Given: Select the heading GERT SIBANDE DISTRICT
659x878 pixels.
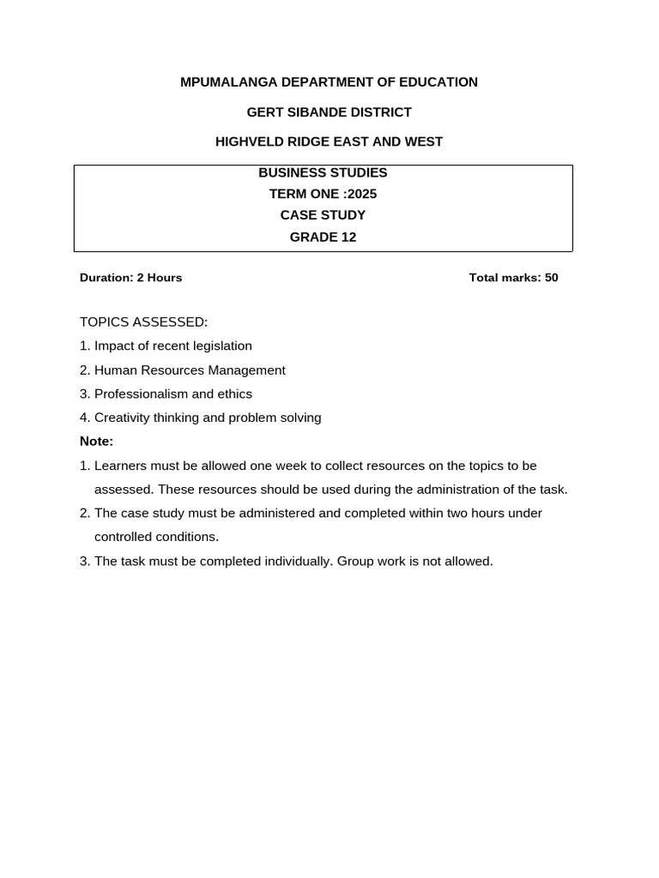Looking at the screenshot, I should coord(329,112).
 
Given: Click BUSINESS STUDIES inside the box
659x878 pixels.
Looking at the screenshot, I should coord(323,172).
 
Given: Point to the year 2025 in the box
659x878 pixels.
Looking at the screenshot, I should coord(361,194).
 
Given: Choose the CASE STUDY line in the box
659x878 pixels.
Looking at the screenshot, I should coord(323,215).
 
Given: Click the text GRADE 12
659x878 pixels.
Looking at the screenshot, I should coord(323,238).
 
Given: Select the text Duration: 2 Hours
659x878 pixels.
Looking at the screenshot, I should coord(130,278).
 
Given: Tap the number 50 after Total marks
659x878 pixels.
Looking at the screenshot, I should coord(551,278).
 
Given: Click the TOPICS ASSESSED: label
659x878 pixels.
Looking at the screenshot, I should coord(143,322).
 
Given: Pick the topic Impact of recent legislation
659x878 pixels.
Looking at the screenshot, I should coord(173,346).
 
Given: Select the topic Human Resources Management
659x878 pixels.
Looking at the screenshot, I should coord(190,370).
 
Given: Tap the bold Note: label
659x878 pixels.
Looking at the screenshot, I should coord(96,442).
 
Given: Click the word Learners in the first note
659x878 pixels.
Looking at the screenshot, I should coord(120,466).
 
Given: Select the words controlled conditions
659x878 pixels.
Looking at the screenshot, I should coord(156,538).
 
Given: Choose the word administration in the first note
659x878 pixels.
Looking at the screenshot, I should coord(456,490).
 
